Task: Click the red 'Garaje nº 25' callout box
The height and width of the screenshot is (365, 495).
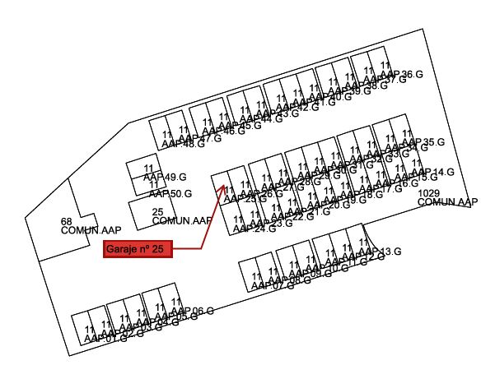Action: tap(138, 248)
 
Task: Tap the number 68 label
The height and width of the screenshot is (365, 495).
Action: tap(67, 222)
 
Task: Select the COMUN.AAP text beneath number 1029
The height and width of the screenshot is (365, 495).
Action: tap(448, 201)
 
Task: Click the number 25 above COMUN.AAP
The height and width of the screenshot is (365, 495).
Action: tap(157, 212)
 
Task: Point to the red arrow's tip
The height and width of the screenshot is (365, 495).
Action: tap(225, 185)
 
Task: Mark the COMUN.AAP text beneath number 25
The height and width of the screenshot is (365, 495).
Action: tap(182, 220)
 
